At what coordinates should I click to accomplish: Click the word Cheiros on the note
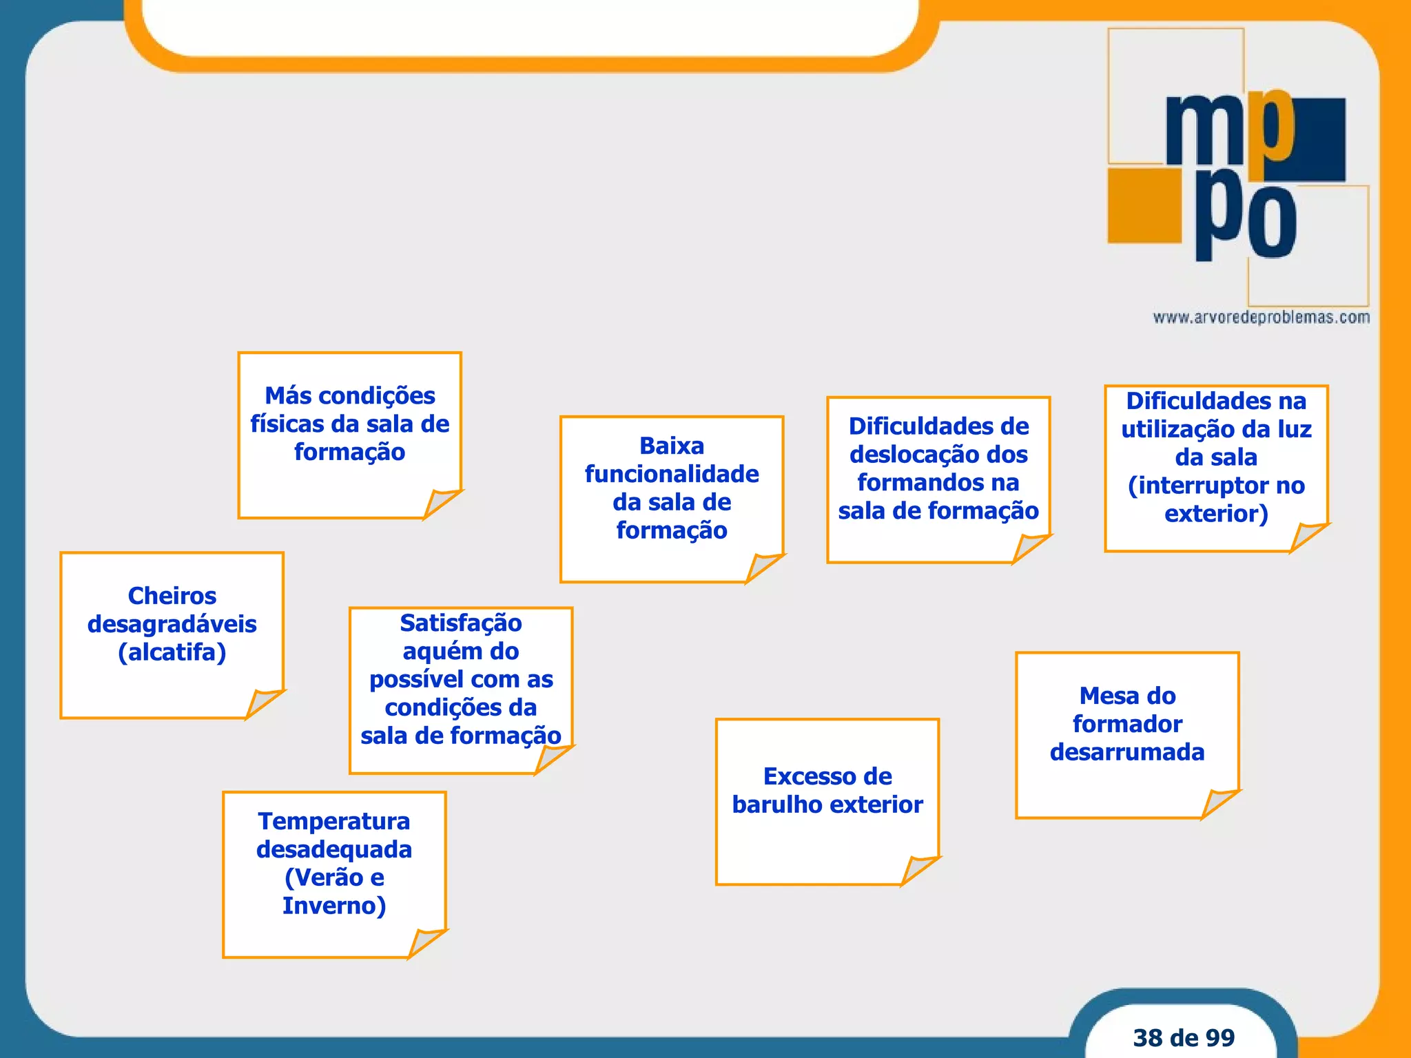click(x=172, y=596)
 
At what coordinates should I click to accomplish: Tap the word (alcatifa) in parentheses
click(x=172, y=652)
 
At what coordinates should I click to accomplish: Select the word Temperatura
click(x=334, y=821)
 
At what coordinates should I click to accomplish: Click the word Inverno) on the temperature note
click(x=334, y=906)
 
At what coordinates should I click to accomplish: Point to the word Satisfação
click(x=461, y=623)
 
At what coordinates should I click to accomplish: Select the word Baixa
click(x=672, y=446)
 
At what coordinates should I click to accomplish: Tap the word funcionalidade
click(x=672, y=474)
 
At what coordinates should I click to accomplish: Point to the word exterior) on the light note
click(x=1216, y=514)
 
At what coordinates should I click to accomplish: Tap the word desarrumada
click(x=1127, y=752)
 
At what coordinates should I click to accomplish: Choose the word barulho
click(x=776, y=805)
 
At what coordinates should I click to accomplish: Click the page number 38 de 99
click(x=1184, y=1037)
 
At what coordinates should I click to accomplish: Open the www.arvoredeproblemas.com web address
click(x=1261, y=318)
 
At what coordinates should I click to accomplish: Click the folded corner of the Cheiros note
click(x=264, y=703)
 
